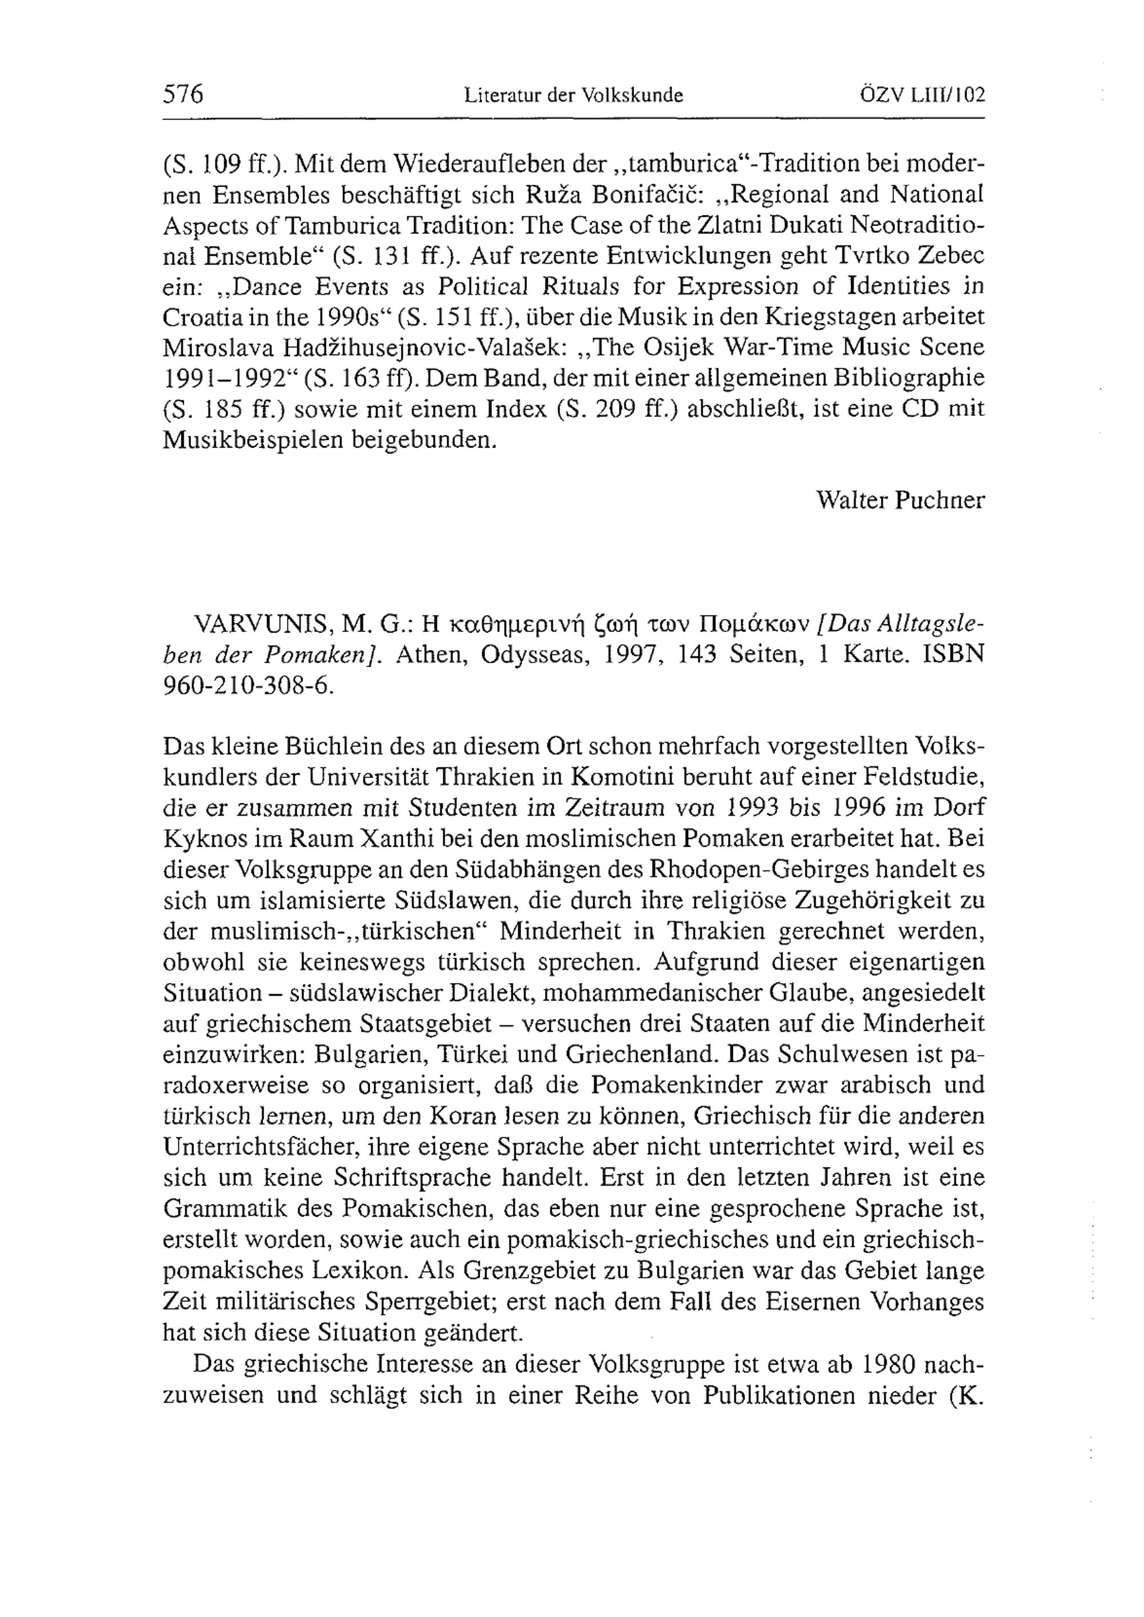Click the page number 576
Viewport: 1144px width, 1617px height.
click(183, 94)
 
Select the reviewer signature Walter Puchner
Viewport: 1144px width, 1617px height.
click(900, 500)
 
